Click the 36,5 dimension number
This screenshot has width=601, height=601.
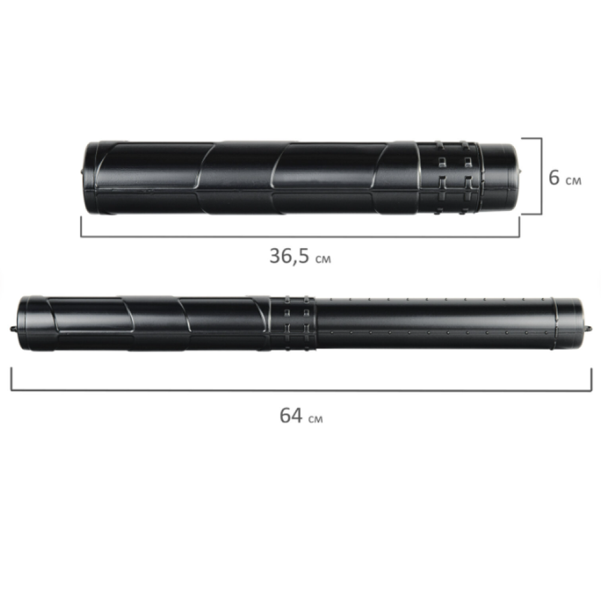[x=289, y=256]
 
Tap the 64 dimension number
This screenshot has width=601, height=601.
[x=291, y=415]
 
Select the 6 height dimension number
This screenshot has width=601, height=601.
[x=554, y=177]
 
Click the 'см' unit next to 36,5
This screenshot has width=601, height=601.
[x=323, y=259]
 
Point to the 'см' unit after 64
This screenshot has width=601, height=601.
[x=316, y=418]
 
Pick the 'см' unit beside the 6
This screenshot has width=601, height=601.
[x=573, y=180]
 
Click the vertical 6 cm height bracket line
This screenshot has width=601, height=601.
[x=542, y=176]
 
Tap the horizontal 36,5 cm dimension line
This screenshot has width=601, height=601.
[x=300, y=236]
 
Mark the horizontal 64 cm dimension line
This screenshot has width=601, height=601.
[x=301, y=391]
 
